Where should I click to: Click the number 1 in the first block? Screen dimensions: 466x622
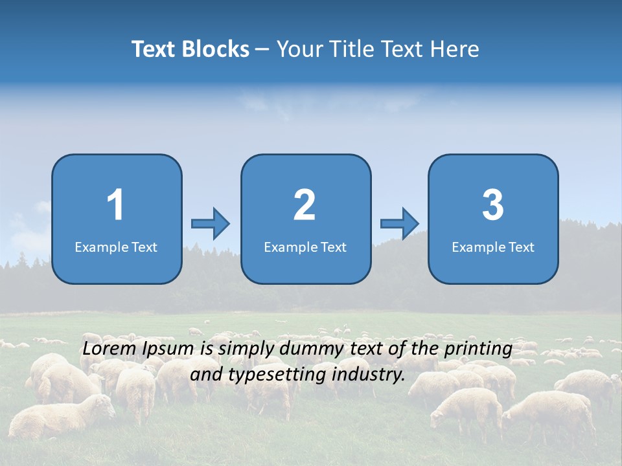click(116, 205)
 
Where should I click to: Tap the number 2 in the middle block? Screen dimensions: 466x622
click(305, 205)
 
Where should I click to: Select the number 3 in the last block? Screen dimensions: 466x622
click(493, 205)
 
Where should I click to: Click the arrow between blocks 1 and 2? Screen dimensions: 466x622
click(211, 224)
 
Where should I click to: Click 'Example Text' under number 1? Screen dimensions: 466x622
click(116, 247)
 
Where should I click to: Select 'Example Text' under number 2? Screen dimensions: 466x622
click(305, 247)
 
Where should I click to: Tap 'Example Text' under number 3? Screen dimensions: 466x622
click(493, 247)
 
